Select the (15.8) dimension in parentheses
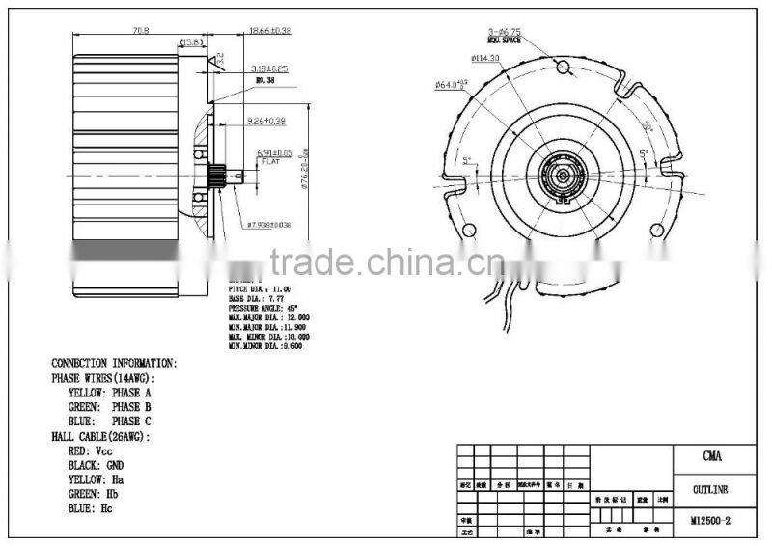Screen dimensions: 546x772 [x=188, y=42]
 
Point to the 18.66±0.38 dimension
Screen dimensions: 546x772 [x=270, y=31]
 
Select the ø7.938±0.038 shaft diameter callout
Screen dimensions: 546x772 [x=269, y=224]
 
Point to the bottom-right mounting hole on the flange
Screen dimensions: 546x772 [x=658, y=230]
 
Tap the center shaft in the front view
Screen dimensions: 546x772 [x=563, y=176]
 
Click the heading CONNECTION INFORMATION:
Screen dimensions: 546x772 [x=114, y=364]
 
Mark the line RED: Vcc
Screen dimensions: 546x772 [x=92, y=450]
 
